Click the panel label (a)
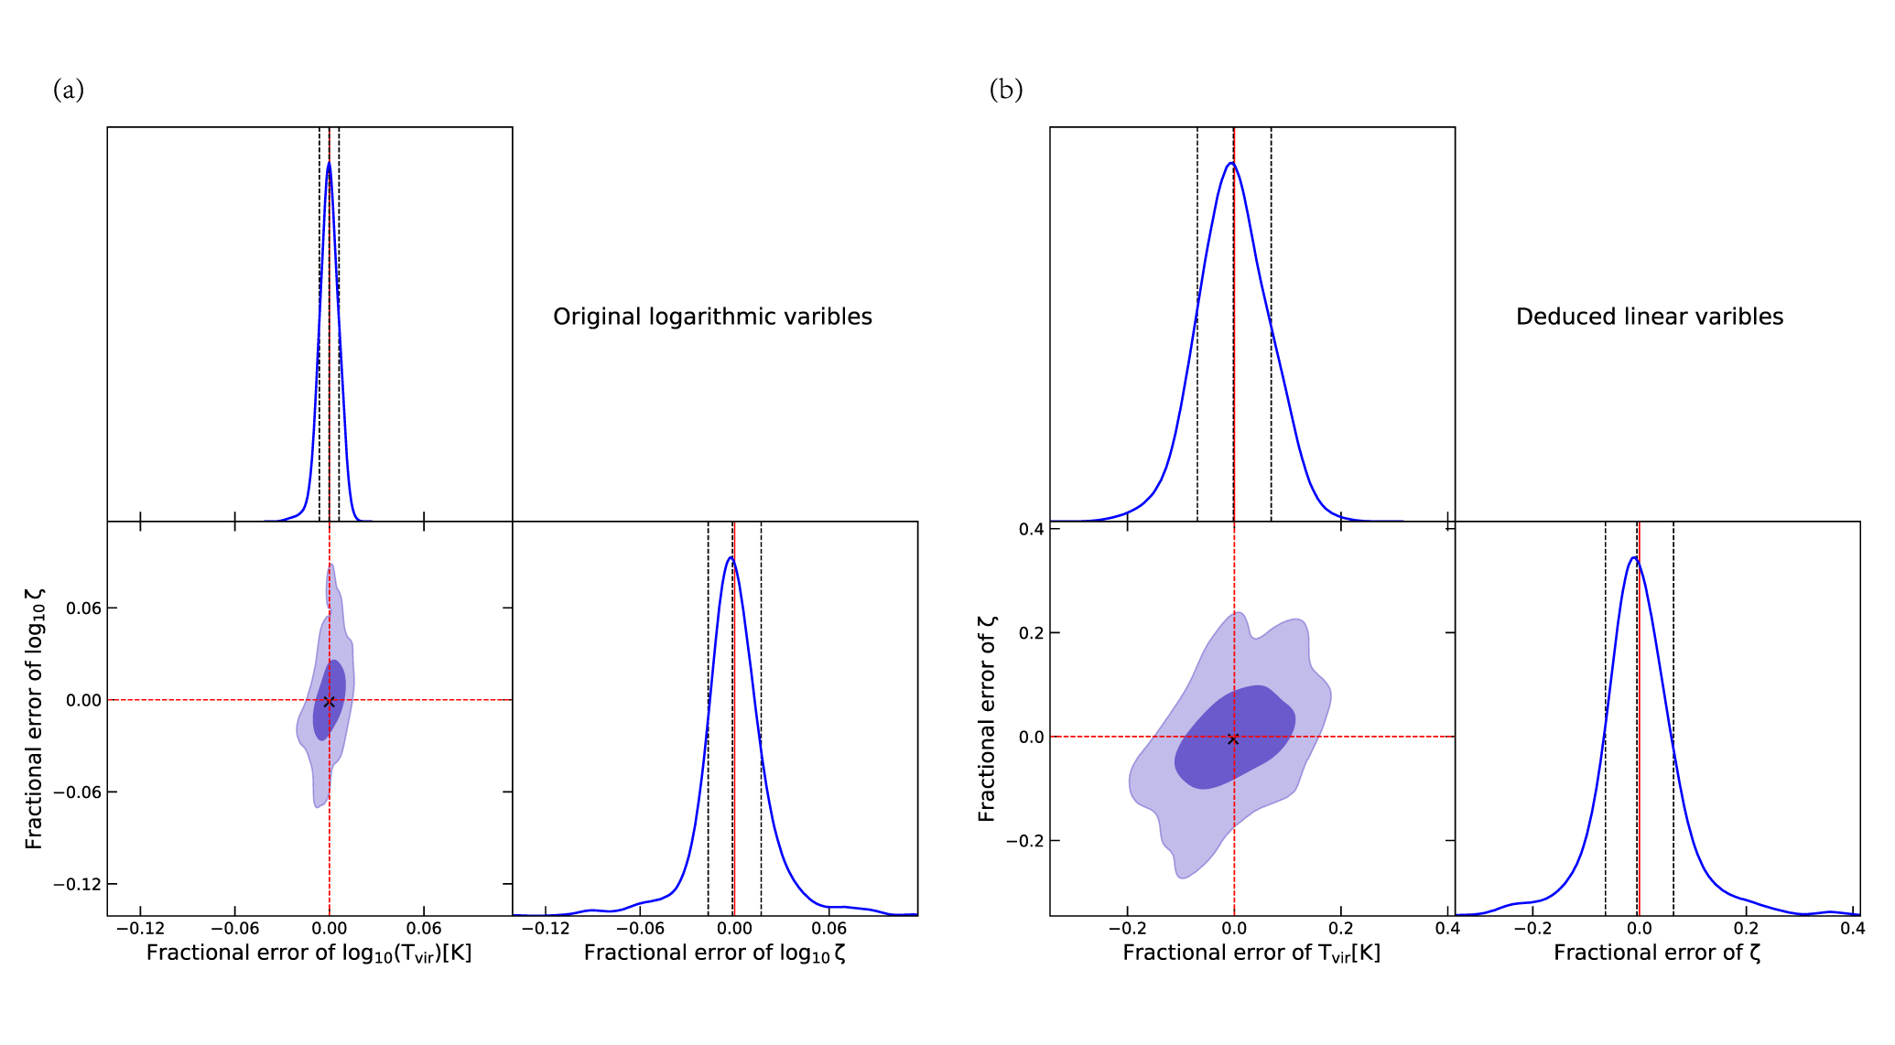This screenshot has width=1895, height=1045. click(x=69, y=90)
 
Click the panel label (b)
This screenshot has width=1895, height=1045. click(x=1005, y=90)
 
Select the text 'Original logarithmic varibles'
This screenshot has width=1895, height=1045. click(x=712, y=317)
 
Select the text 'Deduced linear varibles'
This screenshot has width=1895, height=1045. click(x=1649, y=317)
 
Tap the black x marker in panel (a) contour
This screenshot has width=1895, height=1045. click(x=329, y=701)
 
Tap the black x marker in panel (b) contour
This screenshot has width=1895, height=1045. click(x=1233, y=738)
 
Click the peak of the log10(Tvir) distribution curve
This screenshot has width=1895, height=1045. click(x=329, y=163)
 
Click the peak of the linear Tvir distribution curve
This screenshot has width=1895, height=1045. click(x=1231, y=163)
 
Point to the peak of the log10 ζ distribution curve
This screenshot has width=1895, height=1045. click(x=730, y=557)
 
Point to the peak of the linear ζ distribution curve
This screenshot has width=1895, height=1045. click(x=1634, y=557)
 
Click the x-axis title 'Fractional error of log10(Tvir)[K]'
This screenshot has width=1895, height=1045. click(x=309, y=953)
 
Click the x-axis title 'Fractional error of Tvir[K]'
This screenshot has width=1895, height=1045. click(x=1251, y=953)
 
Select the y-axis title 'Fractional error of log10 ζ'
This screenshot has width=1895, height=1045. click(x=34, y=718)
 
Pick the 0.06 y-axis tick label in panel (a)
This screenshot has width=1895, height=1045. click(x=83, y=608)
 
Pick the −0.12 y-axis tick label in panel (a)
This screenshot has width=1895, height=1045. click(x=77, y=884)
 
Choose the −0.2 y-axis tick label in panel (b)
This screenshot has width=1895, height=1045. click(x=1024, y=841)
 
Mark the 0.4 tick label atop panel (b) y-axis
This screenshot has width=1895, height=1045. click(x=1031, y=529)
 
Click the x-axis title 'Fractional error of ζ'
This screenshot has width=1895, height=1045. click(x=1657, y=953)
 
